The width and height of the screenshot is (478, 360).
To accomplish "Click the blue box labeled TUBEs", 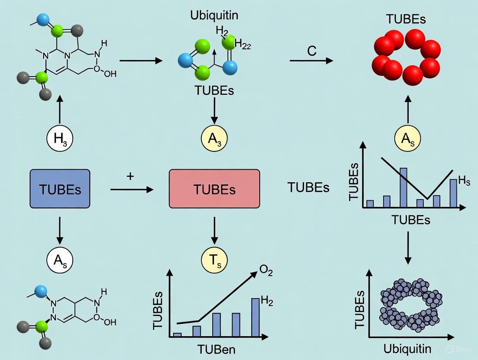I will [60, 189].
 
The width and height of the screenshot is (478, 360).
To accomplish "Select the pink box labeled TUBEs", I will [214, 189].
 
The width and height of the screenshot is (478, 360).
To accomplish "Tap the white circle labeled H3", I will [60, 138].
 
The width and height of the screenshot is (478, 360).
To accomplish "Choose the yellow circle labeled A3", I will [214, 138].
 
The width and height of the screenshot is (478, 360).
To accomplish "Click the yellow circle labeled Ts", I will [214, 260].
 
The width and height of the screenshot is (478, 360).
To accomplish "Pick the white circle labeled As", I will [60, 260].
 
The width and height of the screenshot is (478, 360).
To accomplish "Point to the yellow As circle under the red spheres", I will [407, 138].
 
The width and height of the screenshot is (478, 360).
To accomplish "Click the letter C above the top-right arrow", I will [312, 51].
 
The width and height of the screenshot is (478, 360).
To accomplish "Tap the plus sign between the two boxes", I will [130, 177].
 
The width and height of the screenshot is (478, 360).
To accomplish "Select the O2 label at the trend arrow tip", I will [266, 270].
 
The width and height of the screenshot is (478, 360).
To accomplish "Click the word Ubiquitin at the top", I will [214, 16].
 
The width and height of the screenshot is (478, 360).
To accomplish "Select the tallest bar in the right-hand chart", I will [403, 187].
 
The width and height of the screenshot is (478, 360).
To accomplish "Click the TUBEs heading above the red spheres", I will [406, 19].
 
